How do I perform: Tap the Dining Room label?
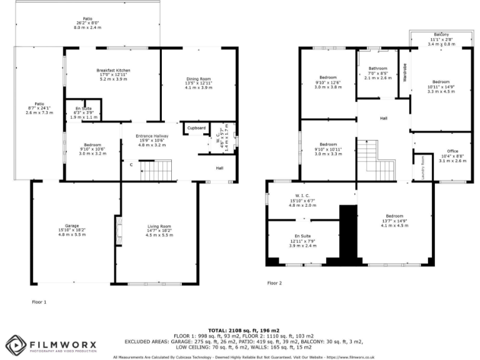click(x=199, y=78)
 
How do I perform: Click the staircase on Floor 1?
click(x=156, y=170)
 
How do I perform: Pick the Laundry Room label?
click(x=422, y=167)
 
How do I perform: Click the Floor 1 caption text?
click(x=39, y=301)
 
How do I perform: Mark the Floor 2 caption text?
click(x=274, y=282)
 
